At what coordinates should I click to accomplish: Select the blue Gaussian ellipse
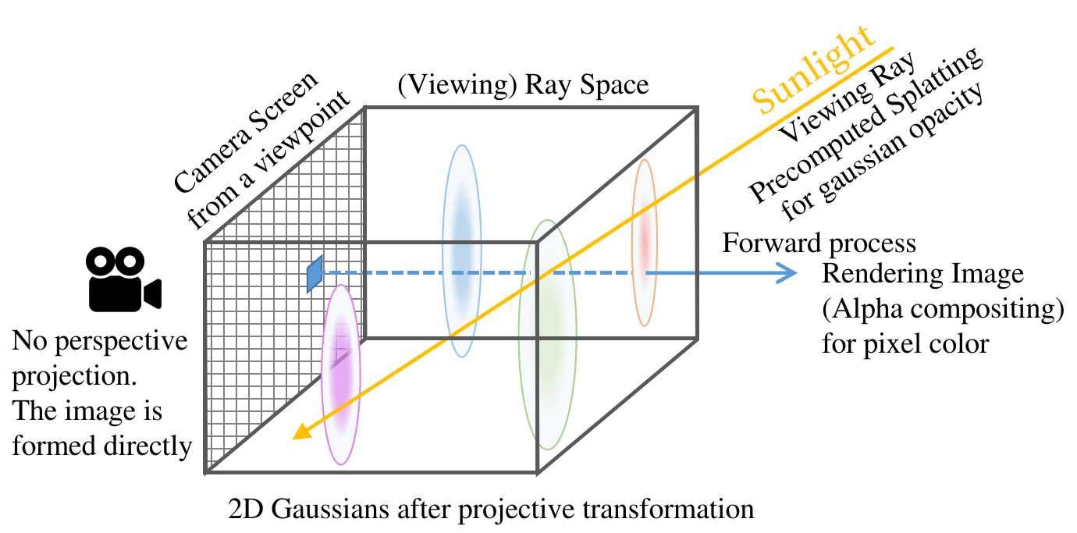point(461,251)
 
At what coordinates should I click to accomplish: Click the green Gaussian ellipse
point(547,335)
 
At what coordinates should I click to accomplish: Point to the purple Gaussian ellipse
point(341,374)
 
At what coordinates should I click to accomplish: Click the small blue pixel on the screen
point(315,275)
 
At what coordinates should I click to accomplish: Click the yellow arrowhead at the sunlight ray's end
point(299,435)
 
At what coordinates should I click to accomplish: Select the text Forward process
point(819,243)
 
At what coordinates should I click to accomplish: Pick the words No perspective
point(101,342)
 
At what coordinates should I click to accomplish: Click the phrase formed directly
point(101,446)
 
